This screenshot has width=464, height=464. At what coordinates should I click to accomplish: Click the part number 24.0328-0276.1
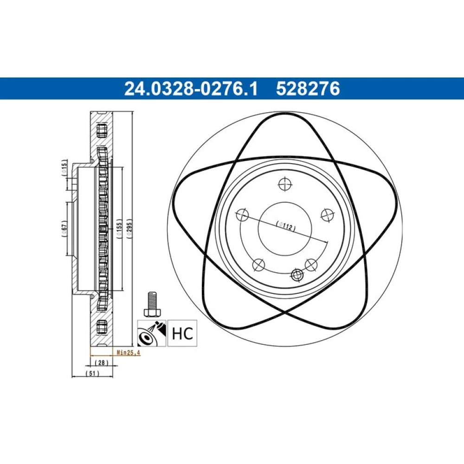pyautogui.click(x=191, y=89)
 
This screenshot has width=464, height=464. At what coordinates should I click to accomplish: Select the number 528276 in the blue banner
pyautogui.click(x=308, y=89)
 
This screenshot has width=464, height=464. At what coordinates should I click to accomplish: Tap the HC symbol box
pyautogui.click(x=182, y=333)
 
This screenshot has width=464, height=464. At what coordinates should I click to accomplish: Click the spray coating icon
pyautogui.click(x=152, y=333)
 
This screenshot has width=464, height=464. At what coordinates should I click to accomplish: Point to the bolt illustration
pyautogui.click(x=152, y=304)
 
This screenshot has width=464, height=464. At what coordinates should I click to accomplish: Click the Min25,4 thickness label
pyautogui.click(x=129, y=353)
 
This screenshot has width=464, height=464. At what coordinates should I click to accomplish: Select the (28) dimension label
pyautogui.click(x=102, y=362)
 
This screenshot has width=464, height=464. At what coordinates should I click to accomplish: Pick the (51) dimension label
pyautogui.click(x=92, y=373)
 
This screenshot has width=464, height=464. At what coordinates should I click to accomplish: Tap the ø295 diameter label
pyautogui.click(x=129, y=229)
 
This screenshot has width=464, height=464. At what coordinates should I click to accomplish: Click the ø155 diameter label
pyautogui.click(x=119, y=229)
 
